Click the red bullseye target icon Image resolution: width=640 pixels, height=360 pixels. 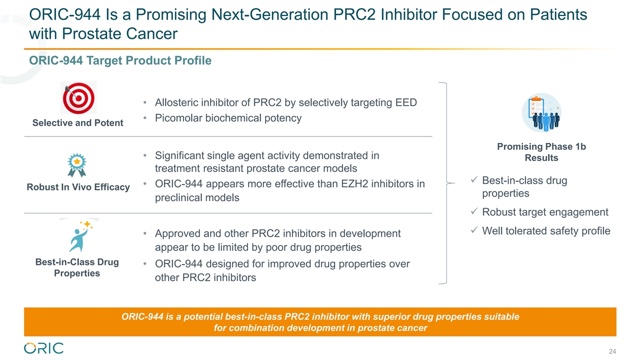78,98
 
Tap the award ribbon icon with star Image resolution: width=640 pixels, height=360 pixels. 77,165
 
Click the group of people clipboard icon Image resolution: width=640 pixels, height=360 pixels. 542,113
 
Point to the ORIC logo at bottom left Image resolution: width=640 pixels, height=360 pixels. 44,348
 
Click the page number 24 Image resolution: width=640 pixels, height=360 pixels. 612,351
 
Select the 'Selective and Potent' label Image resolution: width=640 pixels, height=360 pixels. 78,123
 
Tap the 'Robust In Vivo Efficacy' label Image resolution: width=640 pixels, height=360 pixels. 78,187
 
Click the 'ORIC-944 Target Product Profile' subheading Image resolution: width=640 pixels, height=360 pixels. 121,61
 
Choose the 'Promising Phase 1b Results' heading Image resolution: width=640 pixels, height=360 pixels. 541,152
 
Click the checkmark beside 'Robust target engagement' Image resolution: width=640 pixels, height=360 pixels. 474,211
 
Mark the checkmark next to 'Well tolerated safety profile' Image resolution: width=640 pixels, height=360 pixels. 474,230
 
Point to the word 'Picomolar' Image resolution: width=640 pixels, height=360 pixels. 179,118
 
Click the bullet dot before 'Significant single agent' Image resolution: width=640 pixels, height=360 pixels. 145,155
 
